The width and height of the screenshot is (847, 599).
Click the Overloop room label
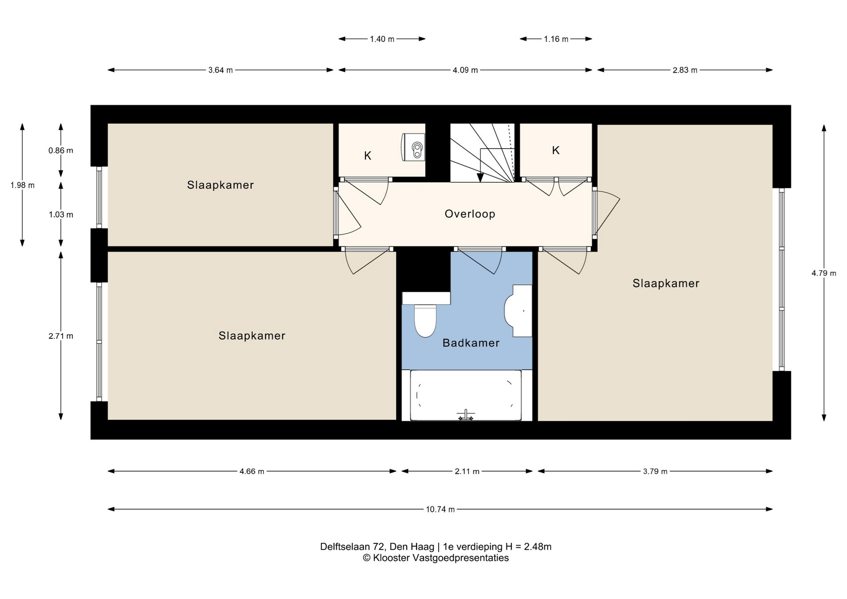pyautogui.click(x=470, y=214)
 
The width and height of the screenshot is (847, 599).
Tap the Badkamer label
pyautogui.click(x=471, y=343)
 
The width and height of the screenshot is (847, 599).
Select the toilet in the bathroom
pyautogui.click(x=425, y=321)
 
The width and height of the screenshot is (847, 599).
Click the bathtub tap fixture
pyautogui.click(x=466, y=415)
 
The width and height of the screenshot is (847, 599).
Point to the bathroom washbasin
pyautogui.click(x=518, y=311)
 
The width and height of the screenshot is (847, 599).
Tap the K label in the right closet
pyautogui.click(x=556, y=150)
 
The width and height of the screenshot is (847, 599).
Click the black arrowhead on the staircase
pyautogui.click(x=480, y=177)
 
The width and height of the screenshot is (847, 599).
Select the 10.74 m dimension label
pyautogui.click(x=440, y=509)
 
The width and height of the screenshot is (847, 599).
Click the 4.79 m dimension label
pyautogui.click(x=824, y=273)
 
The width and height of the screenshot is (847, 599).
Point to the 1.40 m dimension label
pyautogui.click(x=382, y=39)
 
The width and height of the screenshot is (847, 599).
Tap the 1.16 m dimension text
pyautogui.click(x=556, y=39)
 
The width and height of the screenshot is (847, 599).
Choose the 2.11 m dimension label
pyautogui.click(x=467, y=472)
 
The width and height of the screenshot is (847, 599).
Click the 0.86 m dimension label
pyautogui.click(x=61, y=150)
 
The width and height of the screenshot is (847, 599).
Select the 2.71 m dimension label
pyautogui.click(x=61, y=336)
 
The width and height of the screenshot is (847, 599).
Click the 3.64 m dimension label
pyautogui.click(x=221, y=70)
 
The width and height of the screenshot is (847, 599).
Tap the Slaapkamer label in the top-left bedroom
pyautogui.click(x=221, y=185)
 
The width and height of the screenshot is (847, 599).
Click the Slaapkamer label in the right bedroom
pyautogui.click(x=666, y=283)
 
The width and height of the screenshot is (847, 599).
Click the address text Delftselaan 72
pyautogui.click(x=352, y=547)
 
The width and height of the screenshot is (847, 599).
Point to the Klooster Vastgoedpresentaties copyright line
pyautogui.click(x=436, y=558)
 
